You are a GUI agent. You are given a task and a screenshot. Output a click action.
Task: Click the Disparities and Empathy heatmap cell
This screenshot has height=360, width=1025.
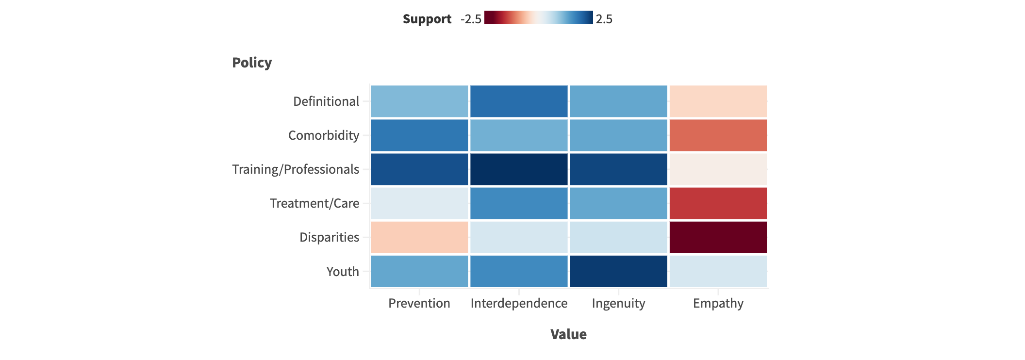718,237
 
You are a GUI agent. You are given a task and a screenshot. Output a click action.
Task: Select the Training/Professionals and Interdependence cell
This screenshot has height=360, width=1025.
519,169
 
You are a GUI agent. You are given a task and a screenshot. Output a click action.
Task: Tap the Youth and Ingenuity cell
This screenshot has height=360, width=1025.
618,271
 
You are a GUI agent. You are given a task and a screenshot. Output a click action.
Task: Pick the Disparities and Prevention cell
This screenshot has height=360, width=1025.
419,237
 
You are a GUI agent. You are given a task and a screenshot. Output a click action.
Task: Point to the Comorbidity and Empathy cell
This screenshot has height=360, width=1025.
718,135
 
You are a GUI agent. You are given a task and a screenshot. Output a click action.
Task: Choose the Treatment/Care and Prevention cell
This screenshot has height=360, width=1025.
419,203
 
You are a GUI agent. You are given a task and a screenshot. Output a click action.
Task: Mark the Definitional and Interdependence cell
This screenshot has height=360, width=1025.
519,101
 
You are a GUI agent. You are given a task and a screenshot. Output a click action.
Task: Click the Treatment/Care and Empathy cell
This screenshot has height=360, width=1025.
718,203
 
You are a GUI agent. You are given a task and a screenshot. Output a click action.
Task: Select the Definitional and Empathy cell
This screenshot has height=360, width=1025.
718,101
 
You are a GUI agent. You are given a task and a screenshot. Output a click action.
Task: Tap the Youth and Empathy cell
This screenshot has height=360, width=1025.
718,271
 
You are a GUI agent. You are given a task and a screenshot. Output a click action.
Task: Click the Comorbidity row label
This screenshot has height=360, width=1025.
324,135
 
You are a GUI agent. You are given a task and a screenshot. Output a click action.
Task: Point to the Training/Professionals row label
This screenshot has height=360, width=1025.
296,169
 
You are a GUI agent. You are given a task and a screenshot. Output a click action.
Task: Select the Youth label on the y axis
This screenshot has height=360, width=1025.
343,272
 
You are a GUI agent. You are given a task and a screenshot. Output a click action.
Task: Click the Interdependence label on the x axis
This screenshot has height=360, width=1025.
519,303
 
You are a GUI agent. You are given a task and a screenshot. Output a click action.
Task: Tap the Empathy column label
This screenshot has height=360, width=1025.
718,303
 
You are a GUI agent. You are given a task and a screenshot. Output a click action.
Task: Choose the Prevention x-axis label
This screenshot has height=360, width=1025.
419,303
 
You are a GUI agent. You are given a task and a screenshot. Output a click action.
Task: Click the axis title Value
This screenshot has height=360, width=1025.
568,334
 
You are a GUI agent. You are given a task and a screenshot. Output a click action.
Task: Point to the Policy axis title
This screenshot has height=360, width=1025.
252,63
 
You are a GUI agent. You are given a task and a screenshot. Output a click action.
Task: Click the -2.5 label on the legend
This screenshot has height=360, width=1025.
471,19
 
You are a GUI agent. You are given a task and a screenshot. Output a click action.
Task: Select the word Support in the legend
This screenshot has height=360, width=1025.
427,19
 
